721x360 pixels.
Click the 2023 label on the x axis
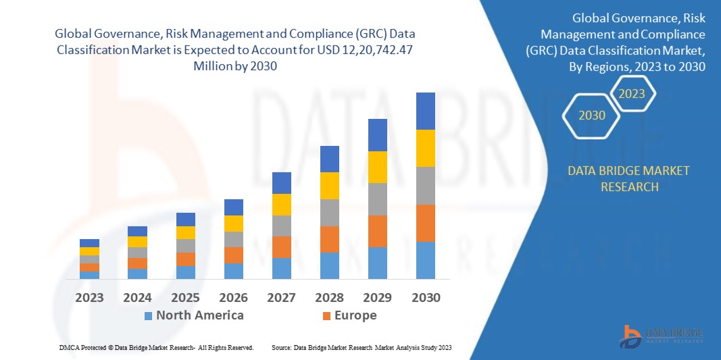coord(89,297)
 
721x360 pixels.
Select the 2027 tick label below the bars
coord(281,297)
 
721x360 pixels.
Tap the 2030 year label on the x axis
coord(426,297)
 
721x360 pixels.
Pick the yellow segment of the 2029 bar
coord(378,167)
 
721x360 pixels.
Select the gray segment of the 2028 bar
coord(330,212)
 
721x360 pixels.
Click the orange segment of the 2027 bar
coord(282,247)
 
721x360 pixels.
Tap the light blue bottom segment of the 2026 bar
coord(234,271)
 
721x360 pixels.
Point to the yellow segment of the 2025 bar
coord(186,232)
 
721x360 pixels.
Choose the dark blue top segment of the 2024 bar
coord(137,231)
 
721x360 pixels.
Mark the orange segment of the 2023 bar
coord(89,267)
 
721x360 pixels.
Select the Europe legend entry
coord(355,315)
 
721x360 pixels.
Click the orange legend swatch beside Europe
coord(326,316)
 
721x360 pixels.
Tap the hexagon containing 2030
coord(592,115)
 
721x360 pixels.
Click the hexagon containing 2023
coord(632,94)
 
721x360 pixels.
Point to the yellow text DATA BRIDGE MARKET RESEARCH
coord(629,178)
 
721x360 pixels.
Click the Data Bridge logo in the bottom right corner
coord(662,336)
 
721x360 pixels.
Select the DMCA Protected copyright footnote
coord(156,347)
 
